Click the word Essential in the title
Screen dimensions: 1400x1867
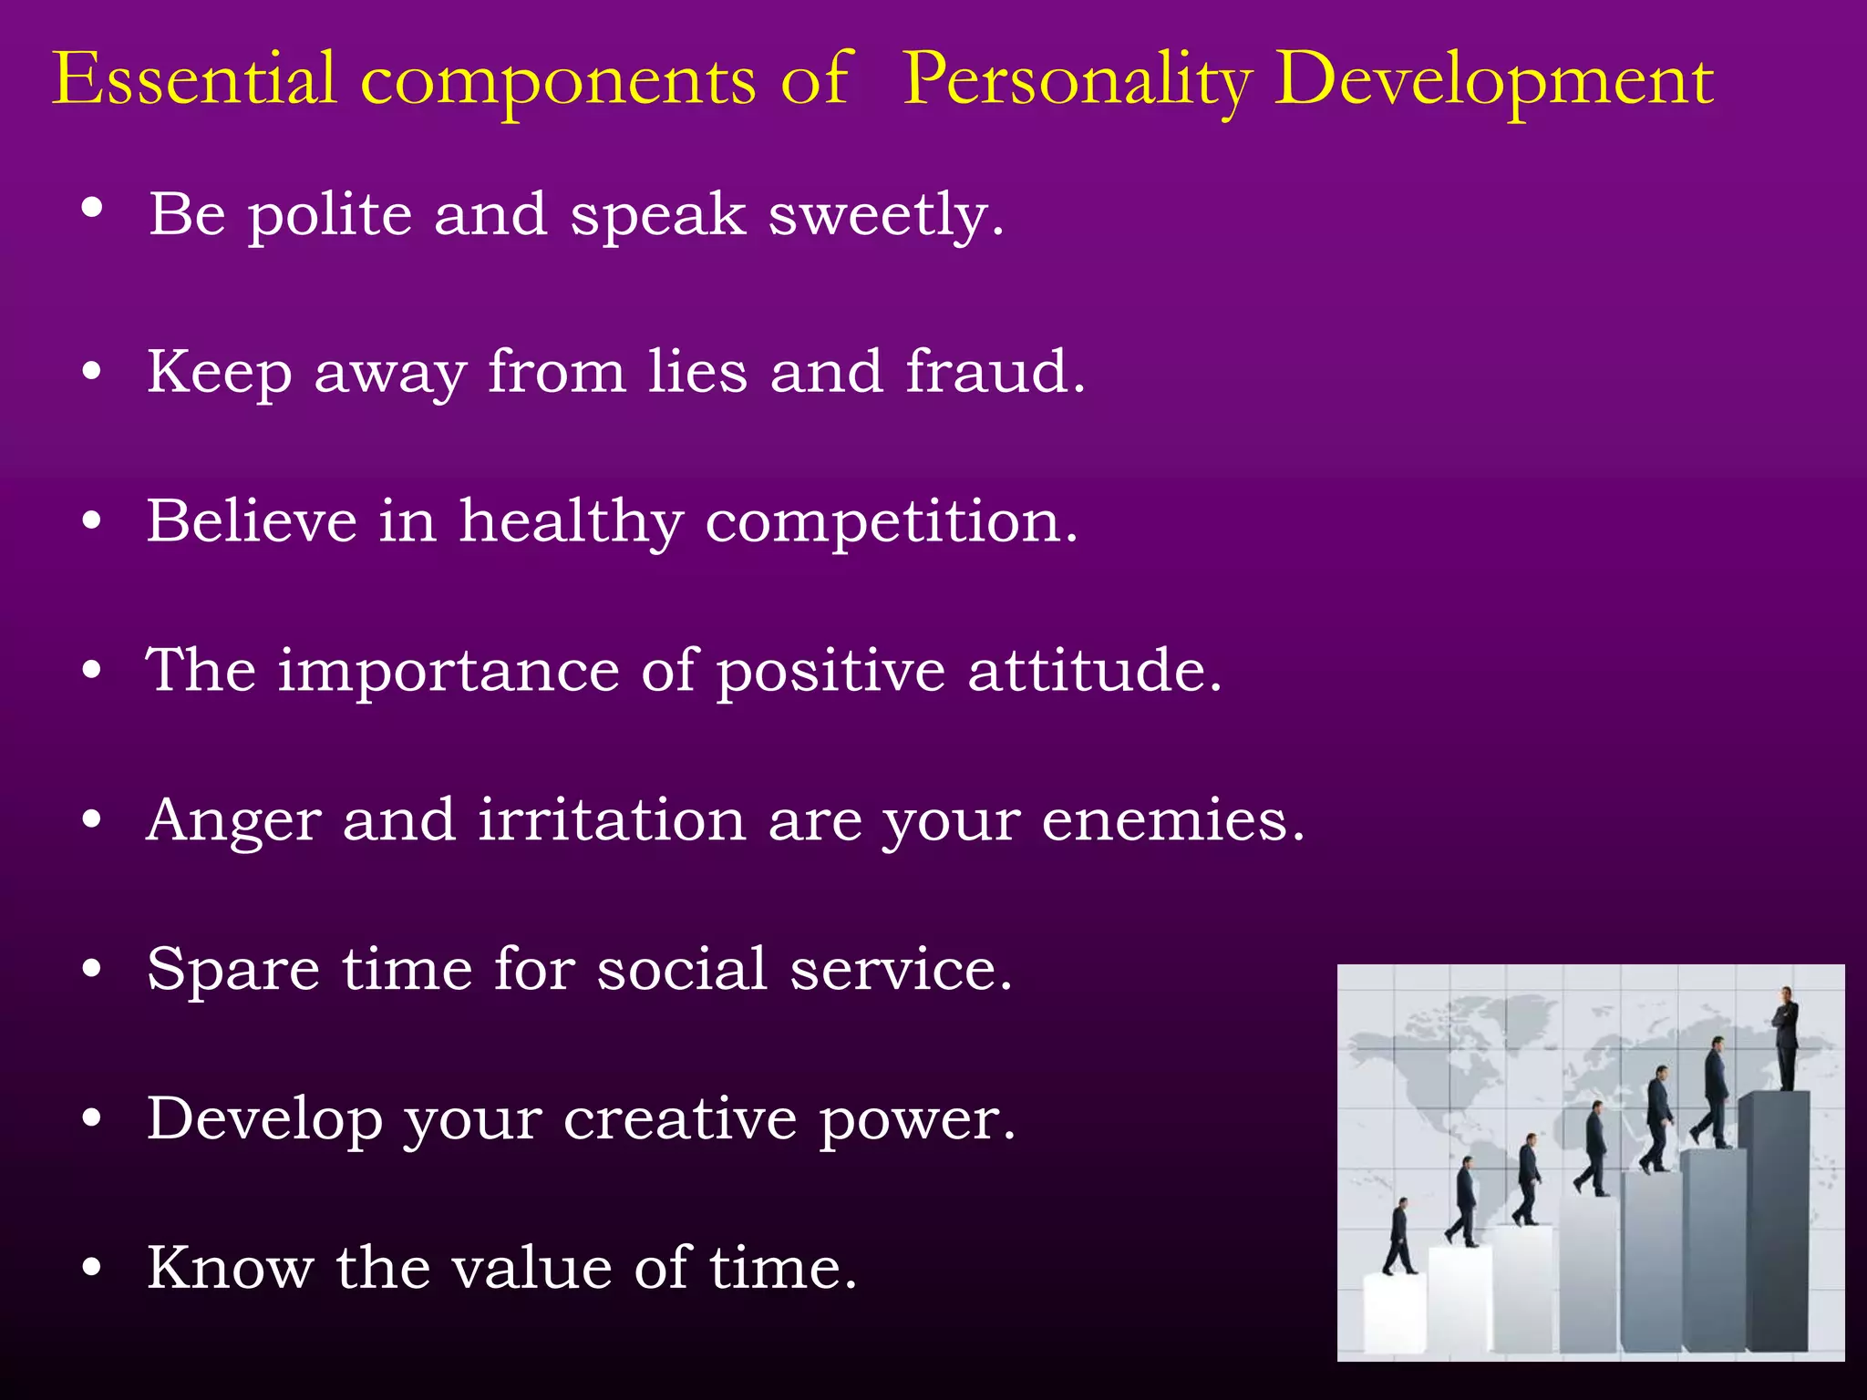(194, 80)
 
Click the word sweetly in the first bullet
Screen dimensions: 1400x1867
(886, 216)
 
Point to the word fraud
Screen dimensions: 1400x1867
(995, 372)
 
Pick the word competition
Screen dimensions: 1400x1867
(892, 523)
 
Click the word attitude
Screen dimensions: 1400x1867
(1094, 671)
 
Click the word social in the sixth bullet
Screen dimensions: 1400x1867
(682, 969)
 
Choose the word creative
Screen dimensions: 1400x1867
(680, 1118)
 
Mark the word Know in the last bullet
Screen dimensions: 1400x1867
(230, 1268)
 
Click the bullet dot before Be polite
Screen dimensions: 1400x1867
(91, 209)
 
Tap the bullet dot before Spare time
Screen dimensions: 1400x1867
(91, 971)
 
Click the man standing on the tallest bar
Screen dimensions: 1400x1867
(1786, 1039)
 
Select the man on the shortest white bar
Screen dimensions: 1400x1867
(1398, 1237)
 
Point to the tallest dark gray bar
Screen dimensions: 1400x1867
(1773, 1221)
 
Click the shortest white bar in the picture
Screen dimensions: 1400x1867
(1395, 1312)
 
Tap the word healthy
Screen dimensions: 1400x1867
(571, 523)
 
